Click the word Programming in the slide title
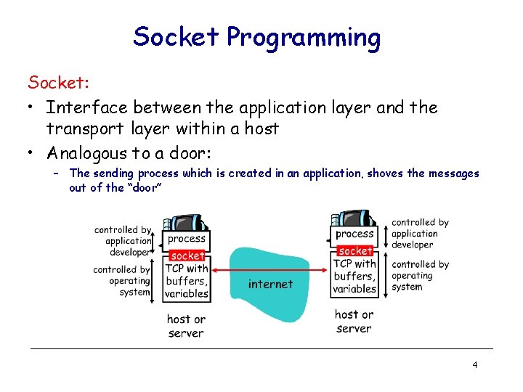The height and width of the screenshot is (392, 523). (304, 37)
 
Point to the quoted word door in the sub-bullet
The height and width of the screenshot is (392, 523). (143, 187)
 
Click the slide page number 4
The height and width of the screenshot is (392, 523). (474, 364)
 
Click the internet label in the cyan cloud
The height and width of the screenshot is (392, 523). (270, 284)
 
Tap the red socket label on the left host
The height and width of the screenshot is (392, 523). (187, 256)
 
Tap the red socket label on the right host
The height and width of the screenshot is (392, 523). (355, 250)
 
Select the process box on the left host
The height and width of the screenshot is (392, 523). (187, 239)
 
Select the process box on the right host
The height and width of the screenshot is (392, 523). (354, 234)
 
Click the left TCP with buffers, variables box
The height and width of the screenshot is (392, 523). (187, 281)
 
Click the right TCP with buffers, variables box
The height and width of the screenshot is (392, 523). (354, 276)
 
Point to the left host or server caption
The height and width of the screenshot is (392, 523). (186, 326)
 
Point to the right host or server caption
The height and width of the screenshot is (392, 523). (354, 321)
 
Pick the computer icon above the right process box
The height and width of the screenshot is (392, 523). (354, 219)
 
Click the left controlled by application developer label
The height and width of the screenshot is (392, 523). (123, 241)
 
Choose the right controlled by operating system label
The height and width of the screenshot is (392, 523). (420, 276)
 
